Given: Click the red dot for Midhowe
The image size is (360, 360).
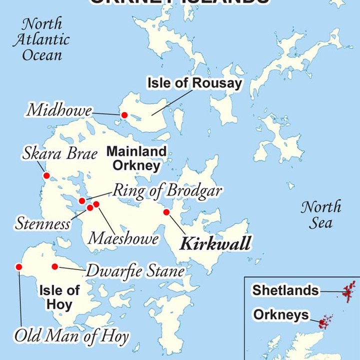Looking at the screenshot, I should (124, 115).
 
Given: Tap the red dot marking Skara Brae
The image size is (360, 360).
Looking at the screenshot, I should (46, 175).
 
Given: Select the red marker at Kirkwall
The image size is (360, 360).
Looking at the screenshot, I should (166, 212).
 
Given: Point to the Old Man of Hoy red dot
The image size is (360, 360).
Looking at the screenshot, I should (19, 267).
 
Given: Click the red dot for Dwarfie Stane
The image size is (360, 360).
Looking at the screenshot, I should (54, 266).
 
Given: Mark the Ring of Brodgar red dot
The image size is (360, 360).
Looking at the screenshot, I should (82, 201).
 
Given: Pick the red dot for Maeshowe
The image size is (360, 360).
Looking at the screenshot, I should (96, 204).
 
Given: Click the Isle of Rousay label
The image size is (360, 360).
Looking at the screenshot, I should (194, 83).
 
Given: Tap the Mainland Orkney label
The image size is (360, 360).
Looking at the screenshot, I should (136, 158).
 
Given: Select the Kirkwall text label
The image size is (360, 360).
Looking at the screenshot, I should (215, 244).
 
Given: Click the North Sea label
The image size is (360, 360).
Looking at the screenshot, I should (320, 214).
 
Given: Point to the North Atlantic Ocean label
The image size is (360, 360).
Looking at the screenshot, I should (41, 39).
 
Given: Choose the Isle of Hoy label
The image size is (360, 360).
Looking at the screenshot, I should (59, 296).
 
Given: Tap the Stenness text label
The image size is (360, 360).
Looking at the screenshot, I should (42, 223).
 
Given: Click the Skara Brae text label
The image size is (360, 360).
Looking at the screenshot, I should (59, 153).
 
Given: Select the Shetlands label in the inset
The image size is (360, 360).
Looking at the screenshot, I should (285, 290).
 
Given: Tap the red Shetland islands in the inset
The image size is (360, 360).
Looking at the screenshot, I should (348, 291).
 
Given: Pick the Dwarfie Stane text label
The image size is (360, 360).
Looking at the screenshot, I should (135, 271).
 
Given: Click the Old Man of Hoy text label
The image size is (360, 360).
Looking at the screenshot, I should (71, 336).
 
